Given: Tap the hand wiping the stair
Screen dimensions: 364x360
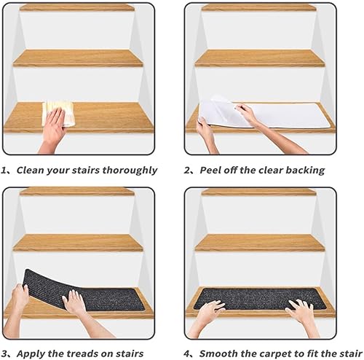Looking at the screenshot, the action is coord(53,130).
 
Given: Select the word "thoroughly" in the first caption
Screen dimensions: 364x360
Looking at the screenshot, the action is coord(130,171).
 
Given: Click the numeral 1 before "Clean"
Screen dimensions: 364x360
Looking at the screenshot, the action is coord(4,171).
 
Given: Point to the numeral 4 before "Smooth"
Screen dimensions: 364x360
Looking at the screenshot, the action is coord(187,353).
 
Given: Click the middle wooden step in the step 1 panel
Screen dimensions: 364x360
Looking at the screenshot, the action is coord(78,58).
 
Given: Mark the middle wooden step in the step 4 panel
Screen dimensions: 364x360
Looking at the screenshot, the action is coord(260,243).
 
